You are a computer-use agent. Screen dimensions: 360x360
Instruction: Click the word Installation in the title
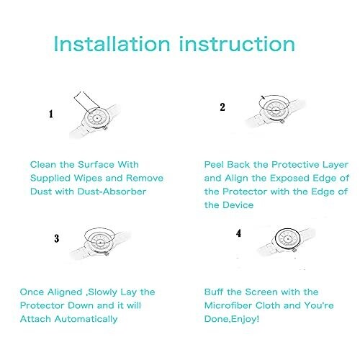(x=112, y=44)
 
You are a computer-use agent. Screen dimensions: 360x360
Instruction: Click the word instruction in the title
(x=237, y=44)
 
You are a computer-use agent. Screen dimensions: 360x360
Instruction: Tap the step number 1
(x=51, y=114)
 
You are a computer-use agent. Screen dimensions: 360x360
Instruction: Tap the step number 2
(x=222, y=107)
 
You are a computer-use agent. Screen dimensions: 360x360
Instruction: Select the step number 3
(x=57, y=238)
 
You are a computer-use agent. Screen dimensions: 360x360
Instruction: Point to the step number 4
(x=238, y=233)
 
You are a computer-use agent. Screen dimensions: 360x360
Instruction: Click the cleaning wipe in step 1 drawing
(x=87, y=102)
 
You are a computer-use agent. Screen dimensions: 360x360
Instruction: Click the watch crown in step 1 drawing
(x=105, y=129)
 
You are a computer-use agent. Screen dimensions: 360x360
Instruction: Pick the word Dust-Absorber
(x=112, y=192)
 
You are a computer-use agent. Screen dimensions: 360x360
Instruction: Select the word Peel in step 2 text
(x=215, y=165)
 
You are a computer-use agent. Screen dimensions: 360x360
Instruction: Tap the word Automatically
(x=86, y=319)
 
